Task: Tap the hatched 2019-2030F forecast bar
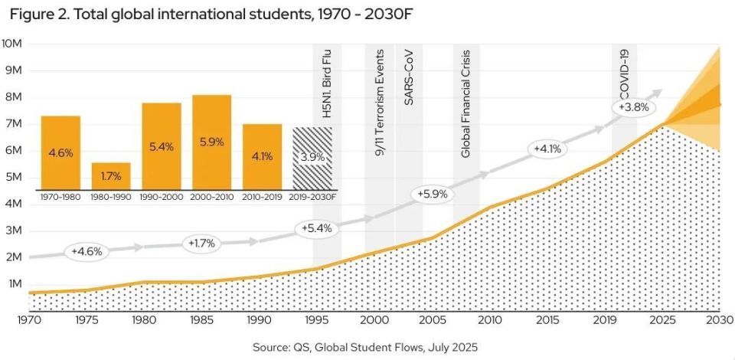[312, 158]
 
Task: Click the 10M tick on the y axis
[13, 44]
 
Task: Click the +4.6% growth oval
[87, 251]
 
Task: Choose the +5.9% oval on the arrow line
[431, 194]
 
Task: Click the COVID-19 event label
[624, 74]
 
